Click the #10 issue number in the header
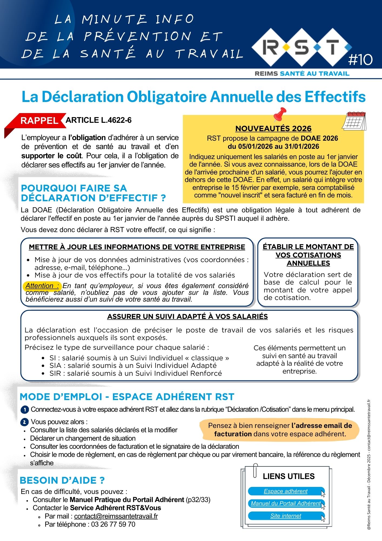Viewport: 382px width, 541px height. pos(360,60)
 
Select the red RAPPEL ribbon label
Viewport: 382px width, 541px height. pos(39,121)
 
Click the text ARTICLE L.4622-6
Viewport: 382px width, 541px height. pos(99,120)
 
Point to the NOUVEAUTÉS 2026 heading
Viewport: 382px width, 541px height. pos(273,128)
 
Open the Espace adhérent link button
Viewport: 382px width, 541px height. pos(286,491)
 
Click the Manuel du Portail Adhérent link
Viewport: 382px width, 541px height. pos(286,503)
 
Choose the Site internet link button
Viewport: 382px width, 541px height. pos(286,516)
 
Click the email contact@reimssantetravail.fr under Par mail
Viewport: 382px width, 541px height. pos(116,516)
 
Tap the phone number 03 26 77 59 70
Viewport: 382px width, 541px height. pos(113,524)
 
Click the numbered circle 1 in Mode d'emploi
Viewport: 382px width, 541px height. pos(25,410)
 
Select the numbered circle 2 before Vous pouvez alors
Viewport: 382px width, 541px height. pos(25,422)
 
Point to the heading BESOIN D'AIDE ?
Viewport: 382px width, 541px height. pos(62,480)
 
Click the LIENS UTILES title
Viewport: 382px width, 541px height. pos(289,476)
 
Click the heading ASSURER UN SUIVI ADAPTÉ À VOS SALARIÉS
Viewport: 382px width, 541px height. pos(187,316)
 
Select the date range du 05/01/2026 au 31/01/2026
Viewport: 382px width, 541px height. pos(273,147)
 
